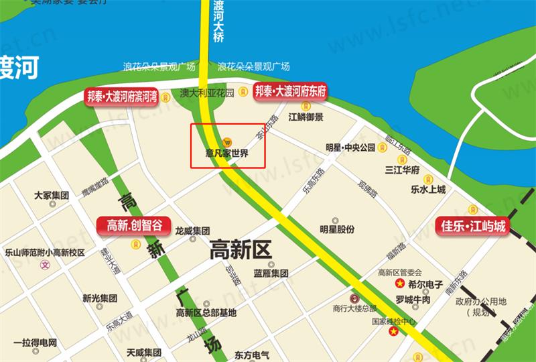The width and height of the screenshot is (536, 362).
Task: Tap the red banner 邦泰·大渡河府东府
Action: tap(289, 92)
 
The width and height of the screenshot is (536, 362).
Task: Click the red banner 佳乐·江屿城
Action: tap(472, 226)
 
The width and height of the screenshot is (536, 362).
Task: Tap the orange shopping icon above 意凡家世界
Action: tap(228, 141)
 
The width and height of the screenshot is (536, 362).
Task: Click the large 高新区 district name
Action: tap(240, 250)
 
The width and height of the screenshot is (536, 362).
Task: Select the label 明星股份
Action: tap(336, 230)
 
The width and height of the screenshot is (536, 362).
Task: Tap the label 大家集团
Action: tap(52, 196)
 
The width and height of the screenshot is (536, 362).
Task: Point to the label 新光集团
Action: tap(100, 298)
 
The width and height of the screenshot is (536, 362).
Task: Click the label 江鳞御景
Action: tap(306, 117)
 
